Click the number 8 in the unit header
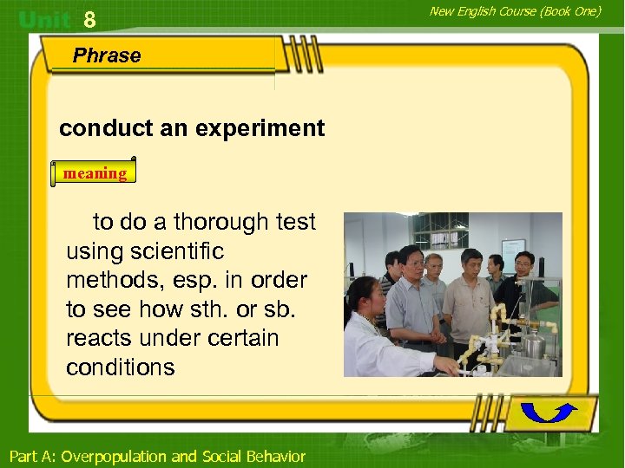(x=89, y=19)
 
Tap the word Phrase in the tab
(x=107, y=55)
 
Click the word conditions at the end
(x=121, y=367)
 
